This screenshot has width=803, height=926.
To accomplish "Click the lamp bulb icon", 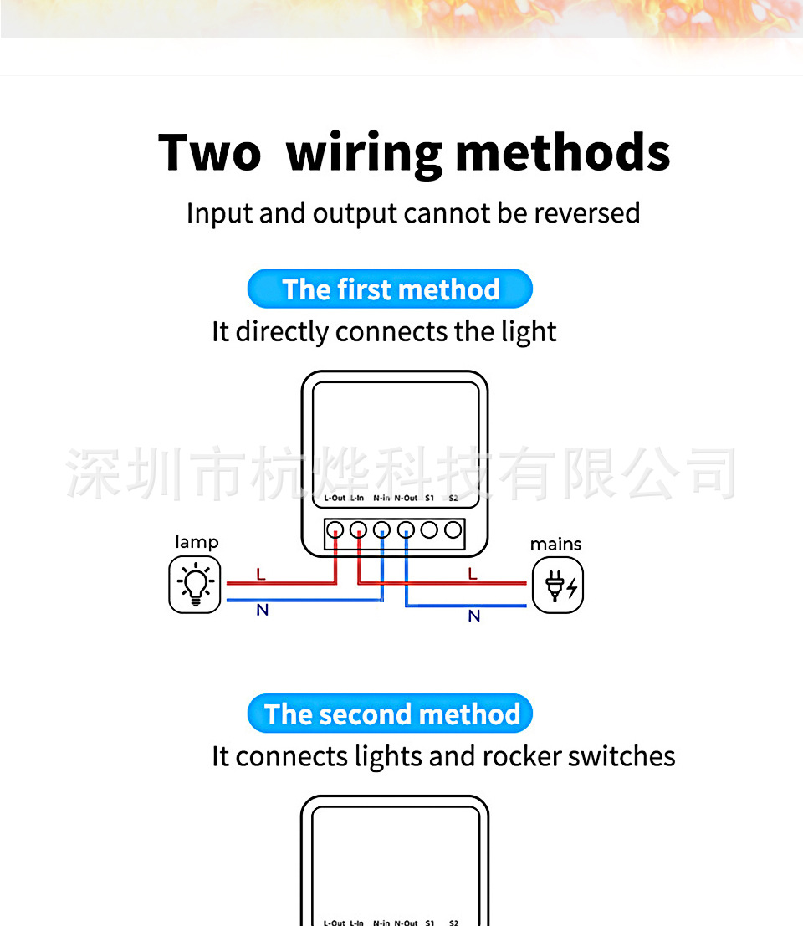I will click(x=195, y=585).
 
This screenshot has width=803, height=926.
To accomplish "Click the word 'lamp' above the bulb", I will click(x=197, y=542).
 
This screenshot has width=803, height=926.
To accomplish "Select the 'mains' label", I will click(x=555, y=545).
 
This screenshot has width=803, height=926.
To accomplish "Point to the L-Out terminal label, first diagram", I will click(x=334, y=498).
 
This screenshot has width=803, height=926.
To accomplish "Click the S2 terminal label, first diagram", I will click(x=453, y=498).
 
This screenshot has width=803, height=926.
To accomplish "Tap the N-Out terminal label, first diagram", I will click(x=406, y=498).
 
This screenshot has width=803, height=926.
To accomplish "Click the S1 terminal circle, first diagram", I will click(x=430, y=530).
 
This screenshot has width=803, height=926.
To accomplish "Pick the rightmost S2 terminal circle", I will click(x=453, y=530).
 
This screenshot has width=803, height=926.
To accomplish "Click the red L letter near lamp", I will click(x=261, y=575).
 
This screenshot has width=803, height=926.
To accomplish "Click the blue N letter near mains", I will click(x=474, y=616).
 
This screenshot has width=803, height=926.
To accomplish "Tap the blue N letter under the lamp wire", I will click(x=262, y=611).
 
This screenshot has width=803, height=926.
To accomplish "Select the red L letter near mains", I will click(x=473, y=574).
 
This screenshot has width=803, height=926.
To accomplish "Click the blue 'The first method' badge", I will click(x=390, y=289).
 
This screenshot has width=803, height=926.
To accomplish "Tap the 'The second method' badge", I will click(x=390, y=714).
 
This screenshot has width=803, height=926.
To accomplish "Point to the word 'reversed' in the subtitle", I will click(x=587, y=213).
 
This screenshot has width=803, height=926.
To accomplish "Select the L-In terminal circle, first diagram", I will click(x=358, y=530).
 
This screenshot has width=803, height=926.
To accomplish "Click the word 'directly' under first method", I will click(x=282, y=332).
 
